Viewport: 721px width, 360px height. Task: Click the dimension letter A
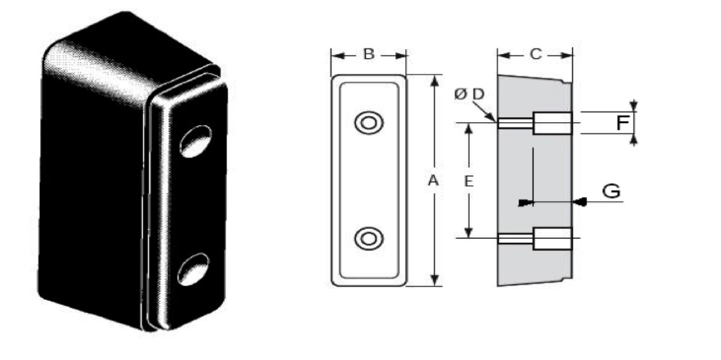coord(434,181)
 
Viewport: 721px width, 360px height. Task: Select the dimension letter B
coord(369,55)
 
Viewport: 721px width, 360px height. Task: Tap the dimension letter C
coord(535,55)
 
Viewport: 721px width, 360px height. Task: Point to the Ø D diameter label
coord(470,95)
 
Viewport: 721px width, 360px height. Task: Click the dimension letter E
coord(469,182)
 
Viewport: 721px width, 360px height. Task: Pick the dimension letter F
coord(622,123)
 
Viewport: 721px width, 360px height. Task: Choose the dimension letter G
coord(611,191)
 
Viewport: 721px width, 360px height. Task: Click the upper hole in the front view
coord(366,122)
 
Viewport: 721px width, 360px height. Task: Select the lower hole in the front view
coord(366,238)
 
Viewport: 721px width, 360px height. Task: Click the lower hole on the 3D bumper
coord(193,269)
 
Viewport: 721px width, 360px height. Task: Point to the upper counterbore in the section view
coord(553,123)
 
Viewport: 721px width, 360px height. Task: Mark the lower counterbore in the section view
coord(553,238)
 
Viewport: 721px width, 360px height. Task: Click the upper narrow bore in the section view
coord(515,123)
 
